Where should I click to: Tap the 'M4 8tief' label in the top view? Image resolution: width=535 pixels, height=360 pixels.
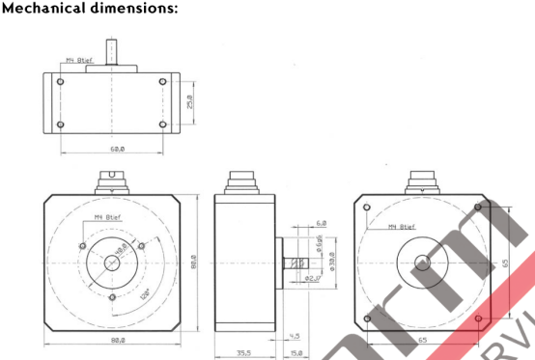coord(79,61)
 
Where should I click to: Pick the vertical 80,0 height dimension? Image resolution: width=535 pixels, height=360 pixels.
coord(193,262)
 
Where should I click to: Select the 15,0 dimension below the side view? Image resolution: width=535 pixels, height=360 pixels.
coord(296,353)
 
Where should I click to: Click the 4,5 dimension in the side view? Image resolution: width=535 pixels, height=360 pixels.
coord(295,336)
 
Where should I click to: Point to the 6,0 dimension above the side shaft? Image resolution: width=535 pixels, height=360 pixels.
coord(321,224)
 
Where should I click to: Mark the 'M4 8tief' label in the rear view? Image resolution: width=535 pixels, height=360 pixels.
coord(401,228)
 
